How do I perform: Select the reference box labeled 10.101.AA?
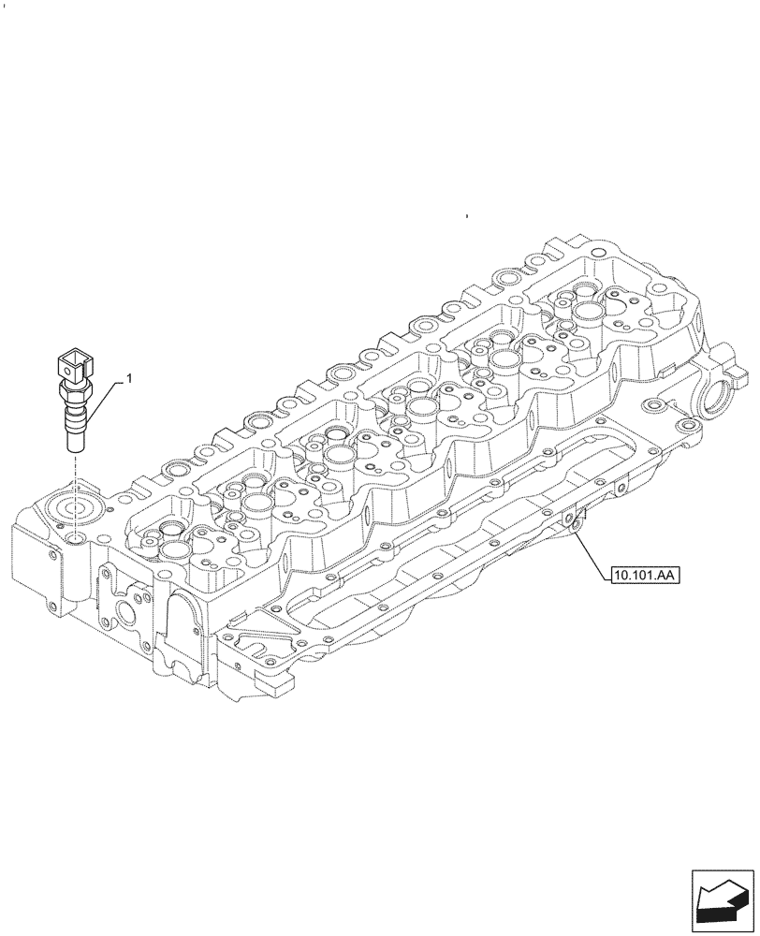[x=645, y=574]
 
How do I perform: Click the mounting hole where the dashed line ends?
[x=73, y=539]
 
